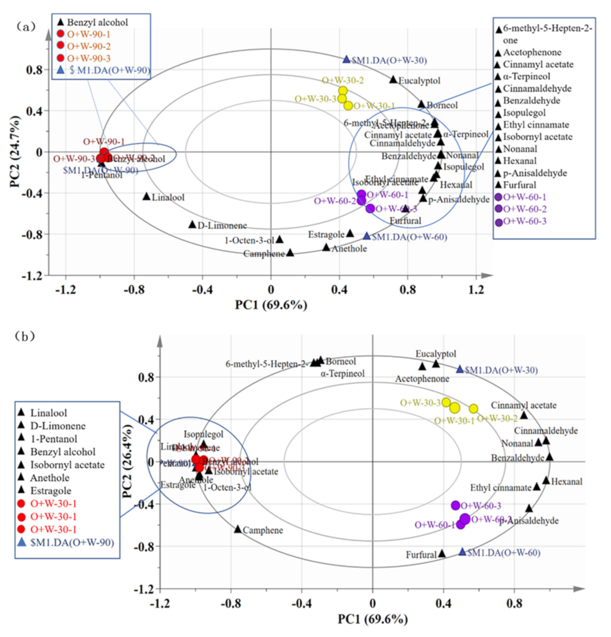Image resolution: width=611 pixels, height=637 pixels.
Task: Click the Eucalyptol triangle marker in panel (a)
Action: pyautogui.click(x=393, y=80)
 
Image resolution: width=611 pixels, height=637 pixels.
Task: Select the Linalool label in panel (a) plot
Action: pyautogui.click(x=168, y=197)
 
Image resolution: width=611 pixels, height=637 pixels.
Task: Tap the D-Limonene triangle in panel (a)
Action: pyautogui.click(x=192, y=225)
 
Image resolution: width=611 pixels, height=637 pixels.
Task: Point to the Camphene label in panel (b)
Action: pyautogui.click(x=263, y=530)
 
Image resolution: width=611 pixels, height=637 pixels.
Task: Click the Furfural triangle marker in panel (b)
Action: pyautogui.click(x=442, y=554)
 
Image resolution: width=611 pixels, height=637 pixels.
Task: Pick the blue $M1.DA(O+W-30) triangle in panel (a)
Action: pyautogui.click(x=346, y=60)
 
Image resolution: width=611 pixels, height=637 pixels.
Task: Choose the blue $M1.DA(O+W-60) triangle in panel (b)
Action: pyautogui.click(x=462, y=552)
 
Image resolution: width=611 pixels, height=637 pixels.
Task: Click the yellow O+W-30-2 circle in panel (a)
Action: pyautogui.click(x=343, y=91)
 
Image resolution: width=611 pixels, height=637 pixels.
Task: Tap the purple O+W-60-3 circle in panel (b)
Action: pyautogui.click(x=456, y=505)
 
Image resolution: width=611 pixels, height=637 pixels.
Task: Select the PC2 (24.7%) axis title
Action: pyautogui.click(x=15, y=151)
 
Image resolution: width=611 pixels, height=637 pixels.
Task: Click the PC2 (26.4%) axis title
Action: pyautogui.click(x=127, y=461)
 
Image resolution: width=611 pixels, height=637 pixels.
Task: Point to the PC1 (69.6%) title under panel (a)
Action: pyautogui.click(x=271, y=305)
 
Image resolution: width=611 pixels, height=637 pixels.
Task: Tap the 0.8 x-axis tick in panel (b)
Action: pyautogui.click(x=514, y=604)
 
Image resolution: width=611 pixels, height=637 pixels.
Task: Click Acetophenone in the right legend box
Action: pyautogui.click(x=532, y=52)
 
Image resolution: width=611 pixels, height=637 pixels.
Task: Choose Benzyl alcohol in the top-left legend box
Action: pyautogui.click(x=97, y=22)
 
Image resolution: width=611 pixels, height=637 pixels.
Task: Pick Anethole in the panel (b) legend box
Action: pyautogui.click(x=50, y=478)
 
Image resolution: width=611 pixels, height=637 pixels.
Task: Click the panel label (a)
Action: pyautogui.click(x=25, y=27)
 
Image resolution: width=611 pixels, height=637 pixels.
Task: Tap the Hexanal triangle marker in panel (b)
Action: pyautogui.click(x=546, y=481)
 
